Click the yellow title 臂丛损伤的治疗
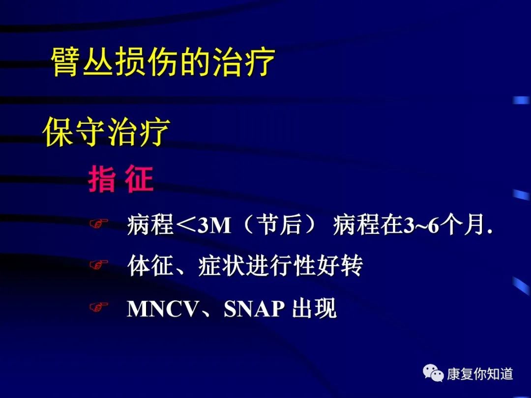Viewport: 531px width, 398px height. coord(163,62)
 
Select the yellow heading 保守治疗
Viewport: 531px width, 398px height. coord(106,131)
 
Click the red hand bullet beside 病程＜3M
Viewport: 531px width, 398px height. coord(98,224)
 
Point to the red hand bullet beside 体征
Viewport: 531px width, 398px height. coord(98,265)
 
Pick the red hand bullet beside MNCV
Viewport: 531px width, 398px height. coord(98,307)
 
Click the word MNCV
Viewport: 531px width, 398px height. coord(162,309)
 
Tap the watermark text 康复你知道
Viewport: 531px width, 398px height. coord(480,374)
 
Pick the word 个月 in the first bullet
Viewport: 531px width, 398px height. coord(462,225)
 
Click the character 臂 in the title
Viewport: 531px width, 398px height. coord(66,62)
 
